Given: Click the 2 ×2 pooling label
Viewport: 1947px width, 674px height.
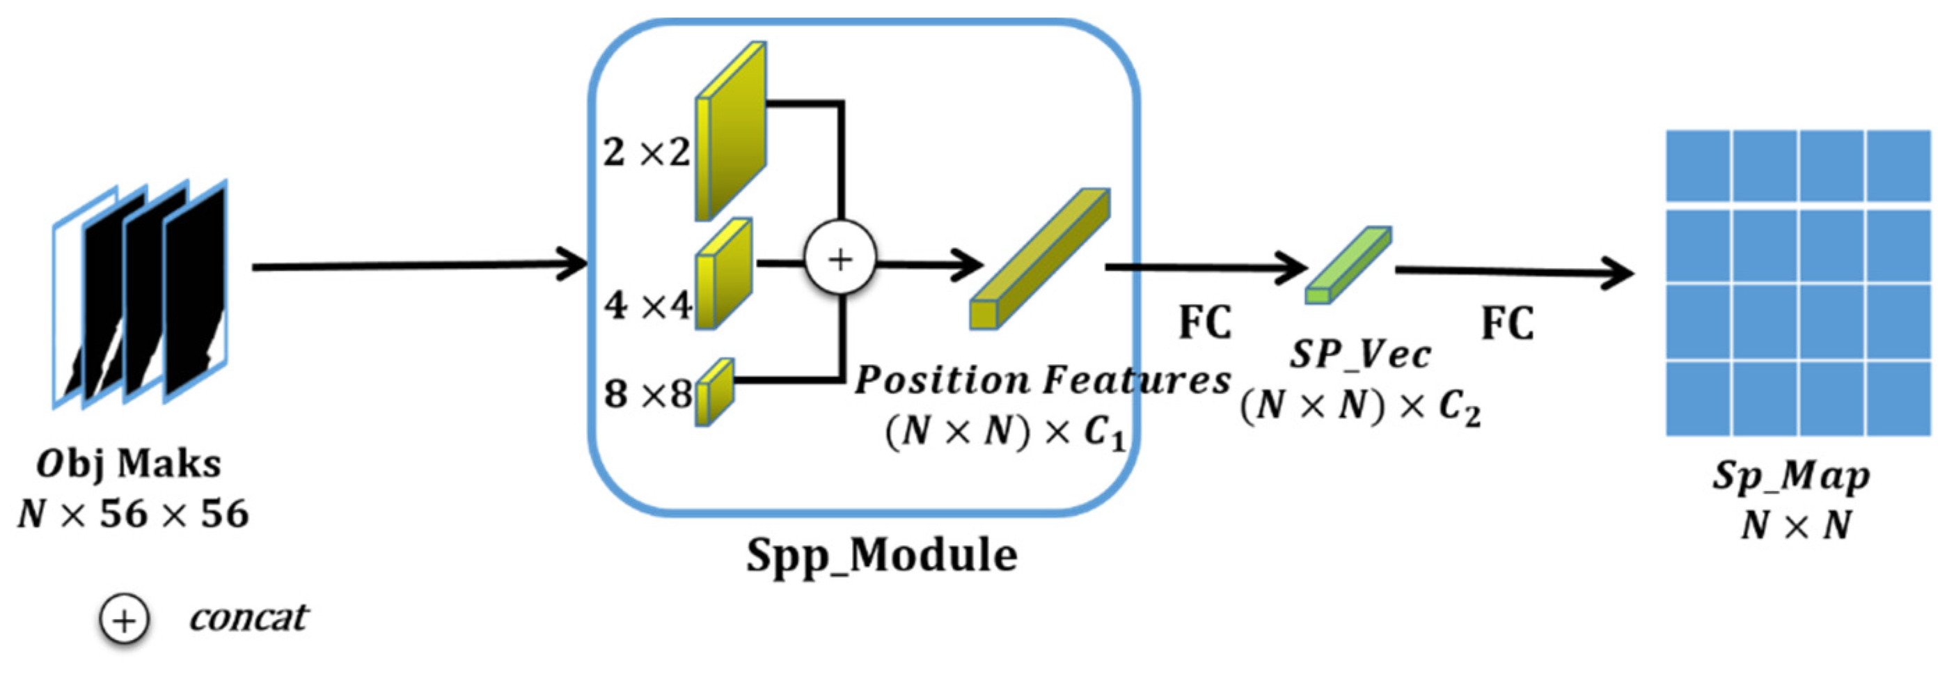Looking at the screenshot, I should [x=646, y=152].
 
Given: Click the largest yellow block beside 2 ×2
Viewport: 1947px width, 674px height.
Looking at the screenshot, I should [x=730, y=132].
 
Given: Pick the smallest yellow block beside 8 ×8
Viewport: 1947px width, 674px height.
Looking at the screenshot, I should [x=714, y=392].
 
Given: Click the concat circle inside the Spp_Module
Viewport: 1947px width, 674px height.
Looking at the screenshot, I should [x=840, y=259].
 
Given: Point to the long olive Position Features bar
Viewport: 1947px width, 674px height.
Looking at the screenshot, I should [x=1040, y=259].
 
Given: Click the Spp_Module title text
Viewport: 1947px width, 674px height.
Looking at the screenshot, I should [x=881, y=556].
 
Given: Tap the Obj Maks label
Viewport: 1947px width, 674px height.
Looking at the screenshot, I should [x=129, y=463].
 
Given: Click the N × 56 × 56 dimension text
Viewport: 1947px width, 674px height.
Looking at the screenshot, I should [x=133, y=514].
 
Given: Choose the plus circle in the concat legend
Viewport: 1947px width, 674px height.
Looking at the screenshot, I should [x=124, y=620].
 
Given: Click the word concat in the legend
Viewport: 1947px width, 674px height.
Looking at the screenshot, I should [x=248, y=618].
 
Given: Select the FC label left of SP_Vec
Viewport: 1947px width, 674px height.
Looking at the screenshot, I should [x=1205, y=322].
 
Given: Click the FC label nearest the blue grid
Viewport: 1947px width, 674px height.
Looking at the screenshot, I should [x=1507, y=323].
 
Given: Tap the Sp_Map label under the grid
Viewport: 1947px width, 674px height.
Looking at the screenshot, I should [x=1790, y=477].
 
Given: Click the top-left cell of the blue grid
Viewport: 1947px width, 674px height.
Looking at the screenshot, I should [x=1698, y=166].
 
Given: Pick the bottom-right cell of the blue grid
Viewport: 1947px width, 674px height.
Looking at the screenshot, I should [x=1898, y=398].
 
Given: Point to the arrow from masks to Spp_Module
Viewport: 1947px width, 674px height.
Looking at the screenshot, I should [x=420, y=265].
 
